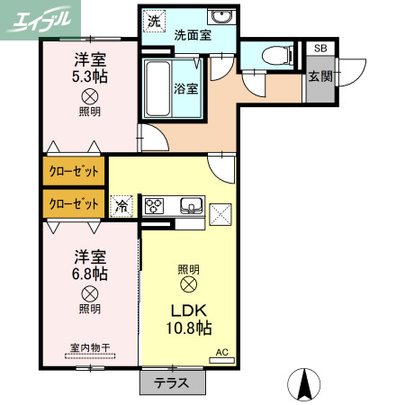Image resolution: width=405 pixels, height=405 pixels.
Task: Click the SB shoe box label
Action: [x=319, y=49]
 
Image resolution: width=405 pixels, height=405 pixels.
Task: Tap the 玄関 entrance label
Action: [x=319, y=76]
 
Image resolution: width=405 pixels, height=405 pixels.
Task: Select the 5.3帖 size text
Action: [x=90, y=77]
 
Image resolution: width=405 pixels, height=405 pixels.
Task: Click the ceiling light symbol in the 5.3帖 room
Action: [x=90, y=97]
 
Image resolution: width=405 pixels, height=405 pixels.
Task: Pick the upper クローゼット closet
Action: [x=73, y=169]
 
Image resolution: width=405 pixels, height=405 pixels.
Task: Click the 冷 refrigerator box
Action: [x=121, y=205]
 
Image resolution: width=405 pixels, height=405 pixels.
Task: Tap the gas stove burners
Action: [x=155, y=205]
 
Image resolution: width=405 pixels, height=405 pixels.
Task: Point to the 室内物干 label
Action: [x=89, y=346]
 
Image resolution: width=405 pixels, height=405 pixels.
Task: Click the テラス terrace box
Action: [x=171, y=382]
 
